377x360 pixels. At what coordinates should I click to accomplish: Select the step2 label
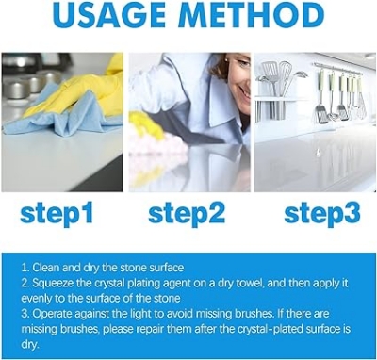tap(187, 213)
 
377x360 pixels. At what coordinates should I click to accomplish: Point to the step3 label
tap(321, 213)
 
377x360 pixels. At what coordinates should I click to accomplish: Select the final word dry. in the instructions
tap(29, 343)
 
